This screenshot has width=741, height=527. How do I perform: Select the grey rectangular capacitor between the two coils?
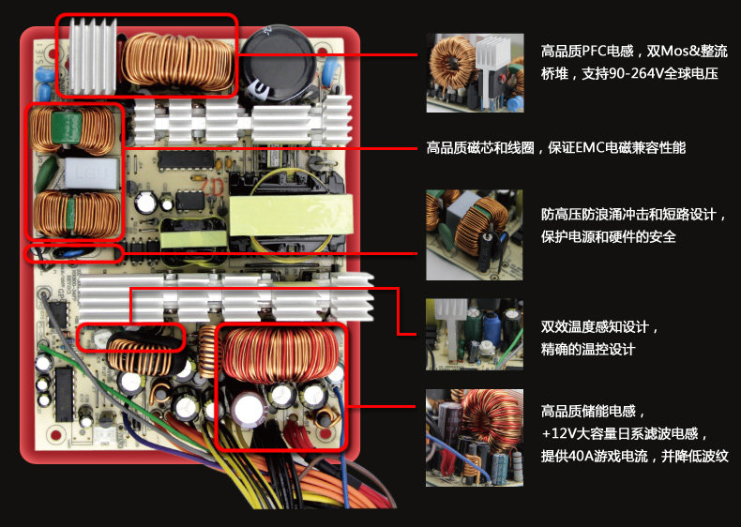[x=76, y=173]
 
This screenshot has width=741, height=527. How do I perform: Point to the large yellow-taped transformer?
[x=283, y=216]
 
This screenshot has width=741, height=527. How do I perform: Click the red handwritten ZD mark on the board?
[x=210, y=188]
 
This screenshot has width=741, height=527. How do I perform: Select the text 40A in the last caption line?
[x=585, y=456]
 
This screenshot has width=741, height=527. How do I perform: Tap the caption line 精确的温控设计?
[x=588, y=349]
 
